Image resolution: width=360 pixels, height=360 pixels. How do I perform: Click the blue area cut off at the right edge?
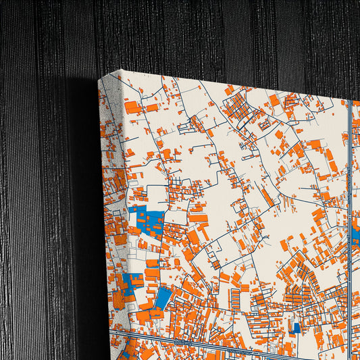[x=356, y=236]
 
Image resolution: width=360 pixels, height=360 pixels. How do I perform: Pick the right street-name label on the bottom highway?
[x=240, y=350]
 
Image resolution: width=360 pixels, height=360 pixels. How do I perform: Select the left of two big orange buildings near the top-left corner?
[x=133, y=106]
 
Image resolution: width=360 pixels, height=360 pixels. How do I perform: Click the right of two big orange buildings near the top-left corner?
[x=152, y=107]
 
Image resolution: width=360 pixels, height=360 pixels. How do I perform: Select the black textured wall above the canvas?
[x=203, y=34]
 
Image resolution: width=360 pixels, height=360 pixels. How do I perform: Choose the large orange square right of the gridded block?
[x=275, y=101]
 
